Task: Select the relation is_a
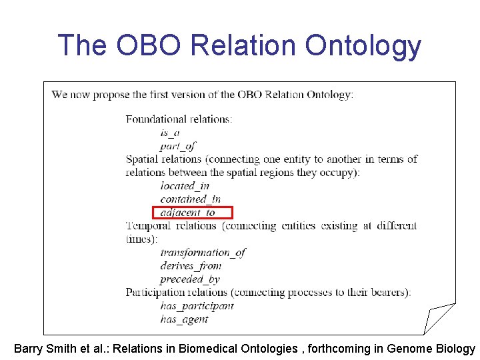click(x=170, y=133)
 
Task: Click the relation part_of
click(x=178, y=146)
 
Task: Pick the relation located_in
click(x=185, y=186)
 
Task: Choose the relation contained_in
click(x=190, y=199)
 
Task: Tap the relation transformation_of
click(x=203, y=253)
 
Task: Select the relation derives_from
click(x=191, y=266)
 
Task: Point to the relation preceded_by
click(x=190, y=279)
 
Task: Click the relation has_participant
click(x=197, y=306)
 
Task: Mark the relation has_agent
click(x=184, y=319)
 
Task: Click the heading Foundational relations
click(x=179, y=119)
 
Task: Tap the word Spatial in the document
click(x=143, y=159)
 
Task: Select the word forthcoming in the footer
click(x=346, y=349)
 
